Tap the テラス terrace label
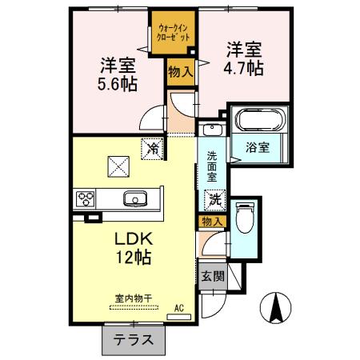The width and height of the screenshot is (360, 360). [132, 339]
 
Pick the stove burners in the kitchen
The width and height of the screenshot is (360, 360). [86, 199]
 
